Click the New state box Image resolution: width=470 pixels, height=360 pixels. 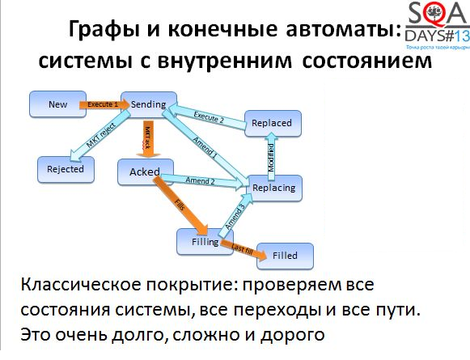coord(57,104)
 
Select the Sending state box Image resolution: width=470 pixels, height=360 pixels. coord(148,104)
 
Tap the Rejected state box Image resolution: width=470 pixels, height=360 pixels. coord(66,169)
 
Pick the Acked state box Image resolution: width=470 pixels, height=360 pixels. coord(145,172)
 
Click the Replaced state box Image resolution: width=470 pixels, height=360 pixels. coord(271,123)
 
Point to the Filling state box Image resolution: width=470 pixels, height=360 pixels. coord(200,241)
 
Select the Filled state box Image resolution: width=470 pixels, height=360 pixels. coord(285,255)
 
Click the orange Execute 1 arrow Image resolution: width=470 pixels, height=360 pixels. coord(102,104)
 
